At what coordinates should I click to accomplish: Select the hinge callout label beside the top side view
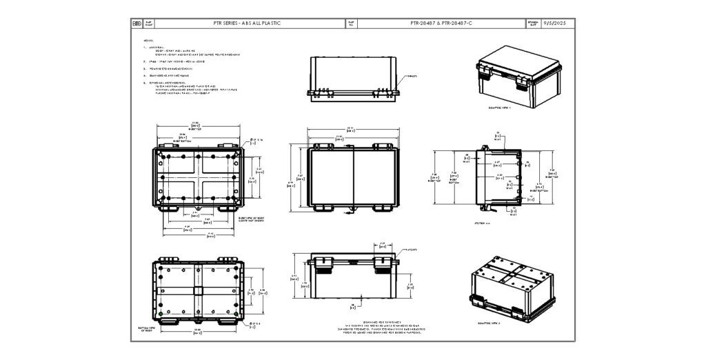pos(411,77)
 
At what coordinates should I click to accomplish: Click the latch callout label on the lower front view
pos(412,250)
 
